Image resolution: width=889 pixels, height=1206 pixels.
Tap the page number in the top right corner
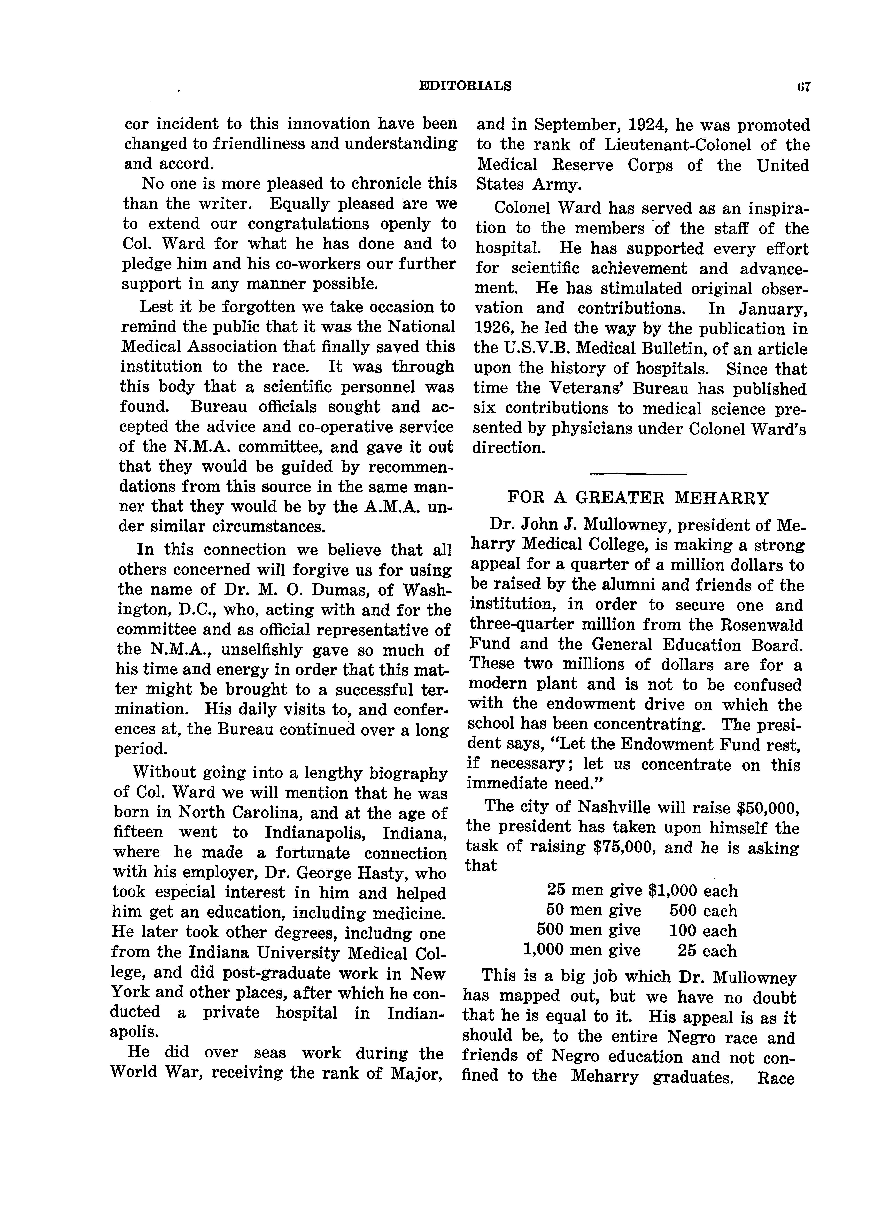[x=805, y=87]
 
